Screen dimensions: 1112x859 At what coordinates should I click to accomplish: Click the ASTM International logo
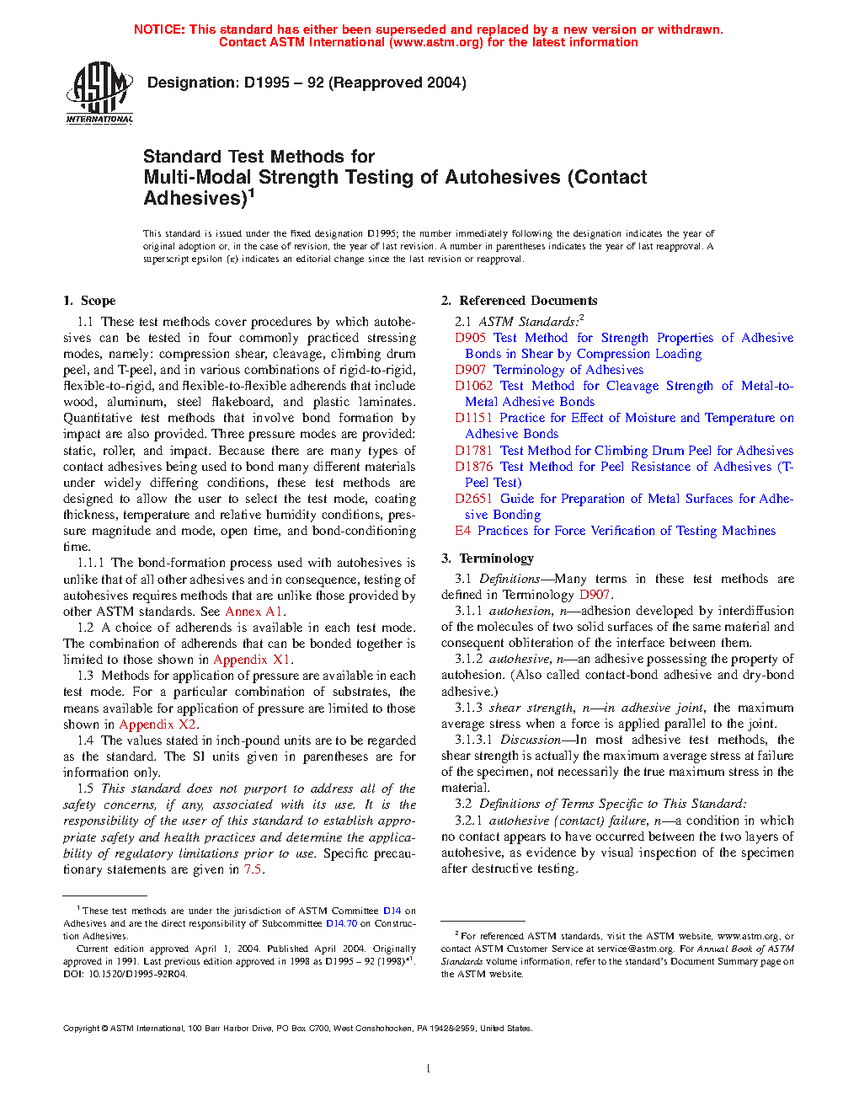99,92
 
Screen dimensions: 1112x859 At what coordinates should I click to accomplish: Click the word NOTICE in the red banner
159,29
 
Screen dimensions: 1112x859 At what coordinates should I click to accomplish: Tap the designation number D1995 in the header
267,83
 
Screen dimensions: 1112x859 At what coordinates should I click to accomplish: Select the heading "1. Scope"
89,301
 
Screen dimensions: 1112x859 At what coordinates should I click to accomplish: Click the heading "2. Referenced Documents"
519,301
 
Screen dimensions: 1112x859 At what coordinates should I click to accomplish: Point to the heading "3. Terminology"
488,559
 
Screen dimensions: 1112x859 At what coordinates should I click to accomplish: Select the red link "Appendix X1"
252,660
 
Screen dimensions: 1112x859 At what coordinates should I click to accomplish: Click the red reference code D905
470,338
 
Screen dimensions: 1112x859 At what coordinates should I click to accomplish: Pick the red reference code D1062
473,386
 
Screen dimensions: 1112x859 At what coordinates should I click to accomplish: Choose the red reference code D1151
473,418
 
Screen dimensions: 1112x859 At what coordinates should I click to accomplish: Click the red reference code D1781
473,451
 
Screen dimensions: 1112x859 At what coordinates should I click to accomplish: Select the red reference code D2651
473,499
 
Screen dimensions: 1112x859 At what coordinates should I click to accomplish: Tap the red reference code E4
462,531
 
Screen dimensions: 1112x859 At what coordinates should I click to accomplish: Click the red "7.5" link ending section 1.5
253,869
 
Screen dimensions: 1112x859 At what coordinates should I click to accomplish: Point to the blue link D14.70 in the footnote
341,923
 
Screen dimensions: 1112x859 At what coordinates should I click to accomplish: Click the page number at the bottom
428,1069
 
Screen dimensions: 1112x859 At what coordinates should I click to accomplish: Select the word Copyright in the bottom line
82,1028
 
